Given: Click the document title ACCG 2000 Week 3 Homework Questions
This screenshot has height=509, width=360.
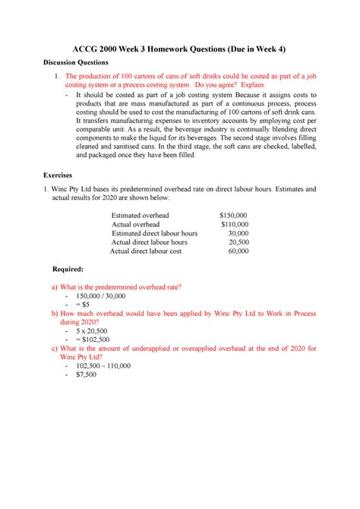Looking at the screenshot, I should (x=179, y=46).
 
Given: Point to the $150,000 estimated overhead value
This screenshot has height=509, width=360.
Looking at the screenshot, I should (x=232, y=215).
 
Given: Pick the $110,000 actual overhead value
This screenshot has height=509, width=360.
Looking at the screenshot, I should (x=233, y=225).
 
